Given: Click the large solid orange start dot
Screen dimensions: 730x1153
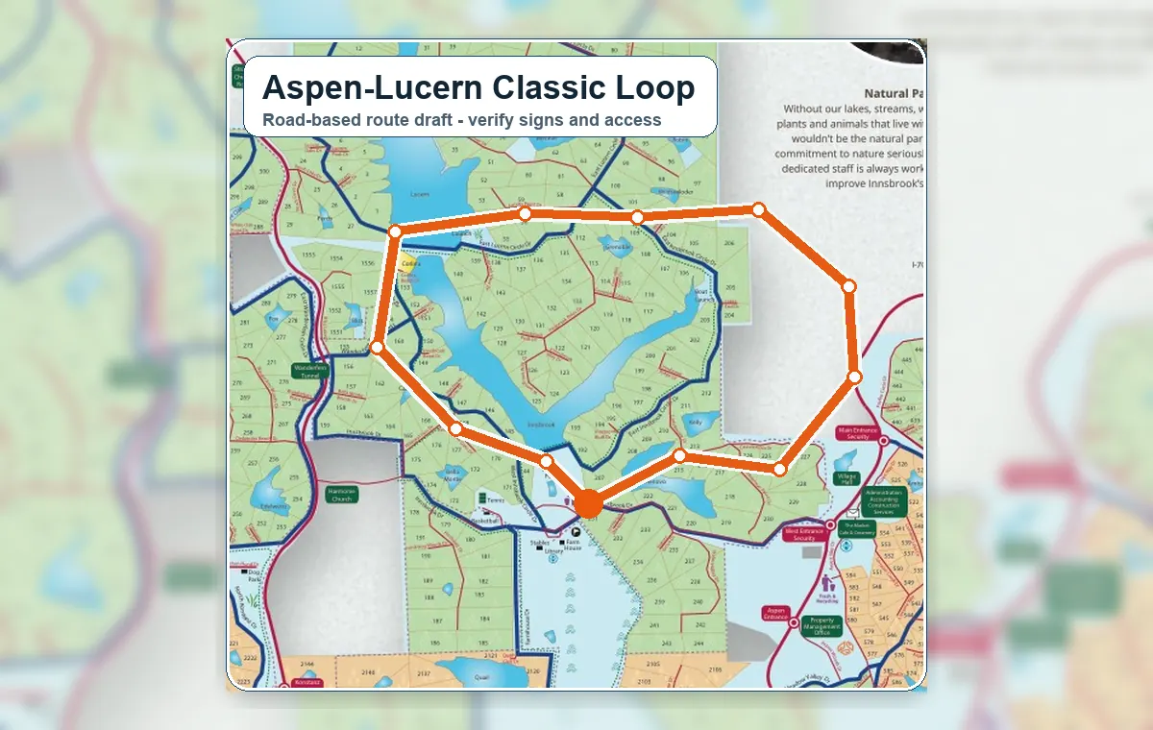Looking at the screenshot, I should point(588,502).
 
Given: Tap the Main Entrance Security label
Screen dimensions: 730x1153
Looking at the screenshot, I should point(857,432).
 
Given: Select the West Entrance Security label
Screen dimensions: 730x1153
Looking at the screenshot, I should point(804,534).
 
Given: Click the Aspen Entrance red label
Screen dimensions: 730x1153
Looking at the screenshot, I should point(775,614).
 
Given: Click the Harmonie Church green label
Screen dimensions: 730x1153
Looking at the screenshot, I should point(341,495).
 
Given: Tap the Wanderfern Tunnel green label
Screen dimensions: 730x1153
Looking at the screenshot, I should point(309,371).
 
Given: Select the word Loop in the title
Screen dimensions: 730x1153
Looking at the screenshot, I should point(646,87).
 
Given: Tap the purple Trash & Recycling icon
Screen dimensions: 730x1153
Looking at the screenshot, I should point(828,582).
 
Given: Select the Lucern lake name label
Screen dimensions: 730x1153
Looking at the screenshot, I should point(419,193).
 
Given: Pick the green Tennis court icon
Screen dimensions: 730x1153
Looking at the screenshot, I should point(481,499).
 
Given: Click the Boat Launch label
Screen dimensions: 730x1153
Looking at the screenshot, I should point(700,294).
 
